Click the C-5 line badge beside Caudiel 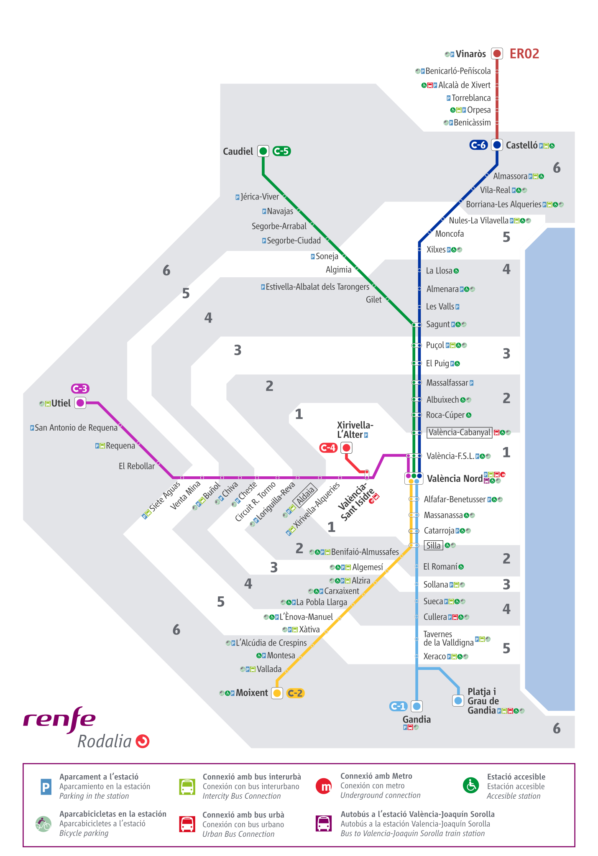(x=281, y=151)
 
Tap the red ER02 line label (x=524, y=54)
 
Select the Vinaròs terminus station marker (x=497, y=54)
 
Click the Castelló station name (x=521, y=146)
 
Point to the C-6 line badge (x=478, y=145)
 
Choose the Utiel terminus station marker (x=80, y=403)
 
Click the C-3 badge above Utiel (x=80, y=388)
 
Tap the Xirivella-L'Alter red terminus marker (x=346, y=448)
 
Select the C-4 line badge (x=328, y=448)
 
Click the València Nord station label (x=455, y=478)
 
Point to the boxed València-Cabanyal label (x=459, y=432)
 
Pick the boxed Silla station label (x=433, y=545)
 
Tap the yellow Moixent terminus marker (x=277, y=693)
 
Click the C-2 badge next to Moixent (x=295, y=693)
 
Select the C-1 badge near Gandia (x=398, y=706)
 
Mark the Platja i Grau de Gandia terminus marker (x=458, y=700)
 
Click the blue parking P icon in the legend (x=46, y=787)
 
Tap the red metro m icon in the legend (x=324, y=786)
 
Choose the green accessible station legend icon (x=471, y=785)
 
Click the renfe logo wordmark (x=59, y=719)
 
